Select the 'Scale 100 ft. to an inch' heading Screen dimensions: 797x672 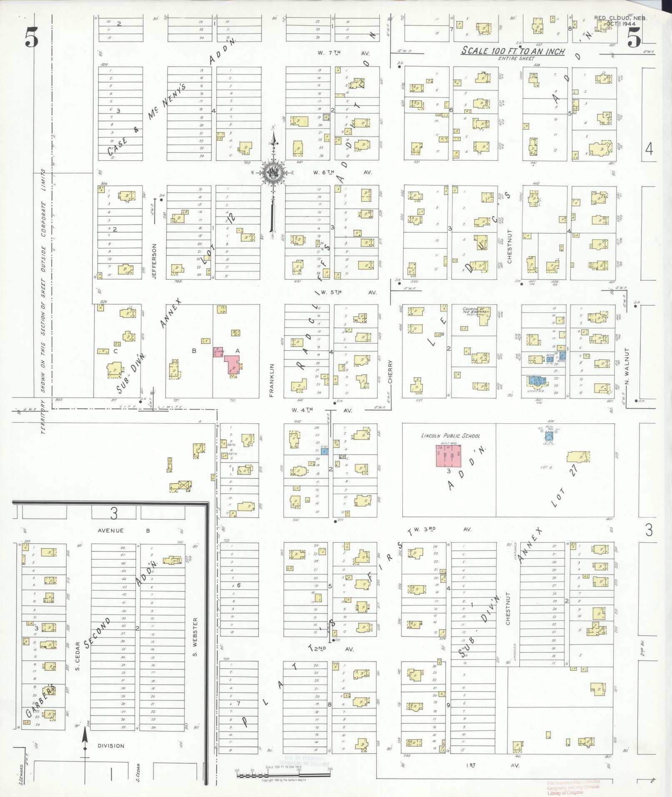[x=513, y=52]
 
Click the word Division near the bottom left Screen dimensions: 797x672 [x=112, y=745]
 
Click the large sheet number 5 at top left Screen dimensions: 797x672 [x=31, y=39]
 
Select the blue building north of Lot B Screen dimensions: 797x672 [x=550, y=436]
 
